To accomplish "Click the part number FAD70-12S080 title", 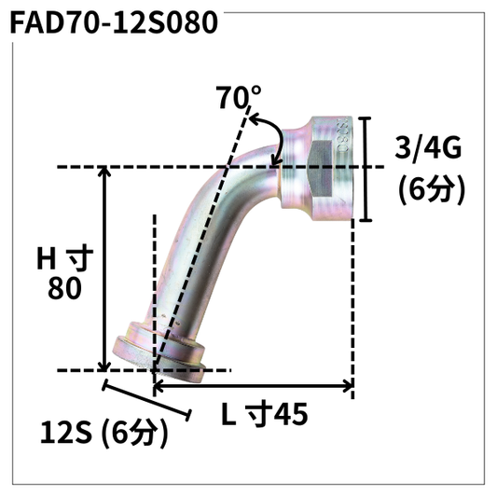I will point(114,20).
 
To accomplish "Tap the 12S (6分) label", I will point(104,433).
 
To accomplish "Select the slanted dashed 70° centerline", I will point(205,233).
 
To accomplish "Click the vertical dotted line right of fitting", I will point(352,298).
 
